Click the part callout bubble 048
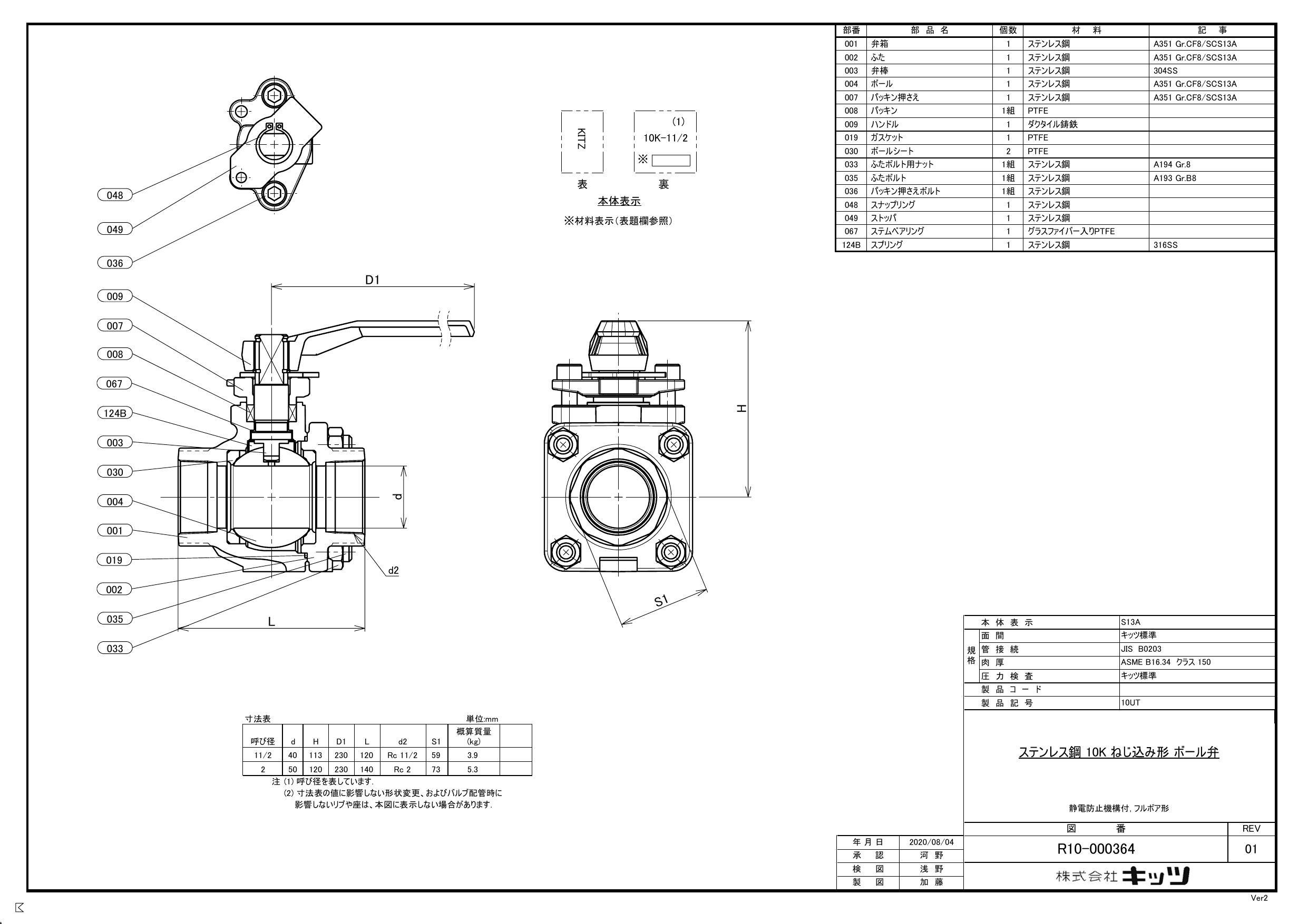coord(114,195)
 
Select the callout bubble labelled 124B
coord(114,413)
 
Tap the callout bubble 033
coord(114,648)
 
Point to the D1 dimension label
coord(372,280)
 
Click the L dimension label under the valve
coord(272,622)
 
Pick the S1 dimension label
coord(660,600)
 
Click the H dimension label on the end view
coord(741,408)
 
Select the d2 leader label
coord(393,570)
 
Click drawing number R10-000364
coord(1096,849)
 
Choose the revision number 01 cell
coord(1251,849)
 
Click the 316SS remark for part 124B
coord(1165,245)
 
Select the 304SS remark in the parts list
coord(1165,71)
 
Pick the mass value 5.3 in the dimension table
coord(472,769)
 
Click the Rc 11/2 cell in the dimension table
coord(402,756)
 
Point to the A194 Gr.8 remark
coord(1172,165)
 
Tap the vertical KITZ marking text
coord(581,140)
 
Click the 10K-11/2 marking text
coord(666,138)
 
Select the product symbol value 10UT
coord(1130,702)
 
